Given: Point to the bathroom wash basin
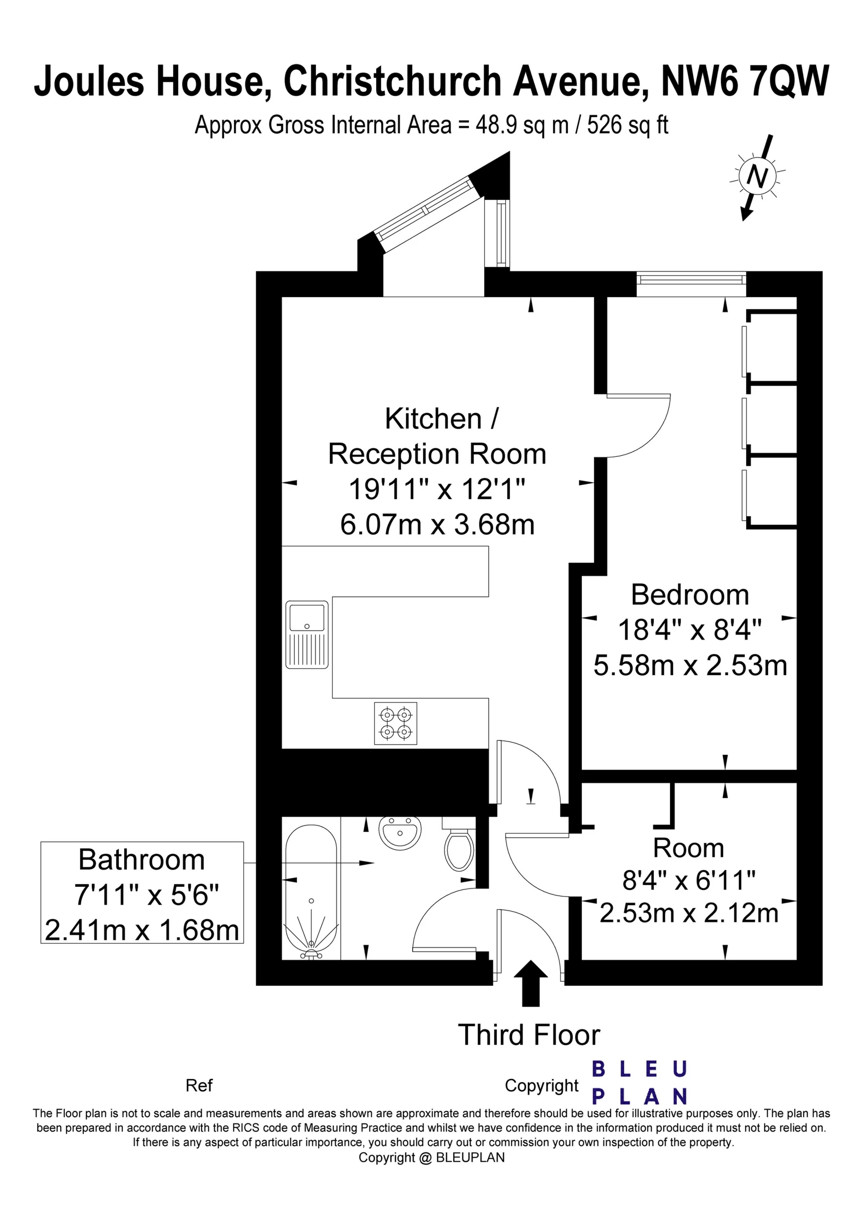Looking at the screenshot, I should click(400, 834).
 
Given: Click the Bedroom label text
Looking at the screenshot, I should click(690, 595).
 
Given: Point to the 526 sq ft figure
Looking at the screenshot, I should click(627, 125).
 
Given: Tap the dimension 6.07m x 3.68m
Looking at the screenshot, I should click(437, 525).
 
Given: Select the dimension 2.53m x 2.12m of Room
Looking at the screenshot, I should click(689, 913).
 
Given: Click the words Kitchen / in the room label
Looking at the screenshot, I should click(441, 419).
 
